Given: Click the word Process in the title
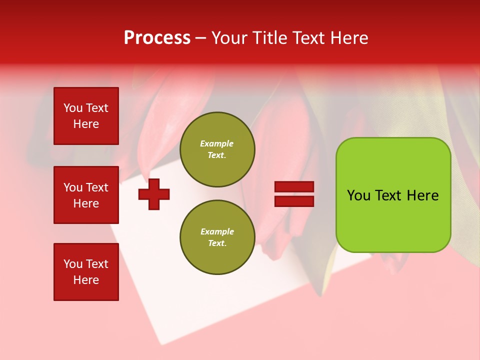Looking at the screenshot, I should (x=157, y=38).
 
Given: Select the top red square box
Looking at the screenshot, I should (x=86, y=116).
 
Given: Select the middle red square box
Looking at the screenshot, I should (x=86, y=195).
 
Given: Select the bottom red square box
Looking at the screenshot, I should (x=86, y=272).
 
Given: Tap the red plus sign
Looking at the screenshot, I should (x=154, y=194).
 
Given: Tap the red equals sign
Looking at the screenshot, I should (x=294, y=194).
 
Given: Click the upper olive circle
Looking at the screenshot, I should (x=217, y=149).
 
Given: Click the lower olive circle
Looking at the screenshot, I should (x=217, y=237).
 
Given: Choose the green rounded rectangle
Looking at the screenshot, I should (x=393, y=195).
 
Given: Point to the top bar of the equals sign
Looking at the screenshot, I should (x=294, y=187).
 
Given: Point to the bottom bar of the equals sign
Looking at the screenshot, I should (x=294, y=201).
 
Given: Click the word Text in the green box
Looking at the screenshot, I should (x=388, y=195).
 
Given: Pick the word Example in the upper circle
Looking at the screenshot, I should (x=217, y=144).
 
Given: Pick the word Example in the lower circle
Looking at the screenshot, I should (x=217, y=232).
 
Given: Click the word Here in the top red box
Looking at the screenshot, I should (x=86, y=124).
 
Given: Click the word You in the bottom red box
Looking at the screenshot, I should (x=73, y=264).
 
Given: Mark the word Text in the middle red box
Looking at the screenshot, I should (x=97, y=187).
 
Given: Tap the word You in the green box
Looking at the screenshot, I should (x=358, y=195).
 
